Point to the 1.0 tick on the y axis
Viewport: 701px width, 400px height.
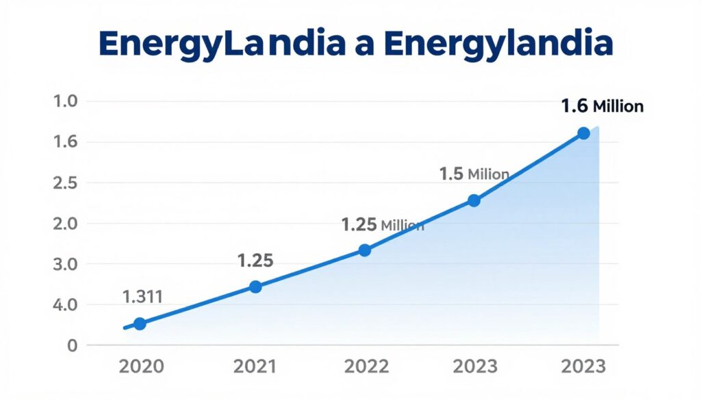point(66,102)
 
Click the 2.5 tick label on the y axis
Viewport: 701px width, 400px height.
point(66,183)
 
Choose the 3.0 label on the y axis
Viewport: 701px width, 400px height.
point(66,264)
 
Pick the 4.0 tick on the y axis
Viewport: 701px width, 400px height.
point(66,305)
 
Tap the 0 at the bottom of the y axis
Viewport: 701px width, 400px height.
point(71,345)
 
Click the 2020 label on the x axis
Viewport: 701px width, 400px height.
point(141,366)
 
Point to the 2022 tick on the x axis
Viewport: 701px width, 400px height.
point(365,366)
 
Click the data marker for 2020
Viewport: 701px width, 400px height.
point(140,323)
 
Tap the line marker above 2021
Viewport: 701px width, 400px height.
point(255,287)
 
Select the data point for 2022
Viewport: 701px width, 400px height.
point(365,250)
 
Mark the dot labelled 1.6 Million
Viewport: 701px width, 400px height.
point(583,133)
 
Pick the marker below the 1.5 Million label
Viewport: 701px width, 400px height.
point(474,200)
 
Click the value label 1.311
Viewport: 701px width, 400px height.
point(142,297)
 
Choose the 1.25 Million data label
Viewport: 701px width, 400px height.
point(382,225)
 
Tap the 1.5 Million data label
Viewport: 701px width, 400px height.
point(474,174)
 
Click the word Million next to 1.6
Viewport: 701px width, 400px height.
point(618,107)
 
